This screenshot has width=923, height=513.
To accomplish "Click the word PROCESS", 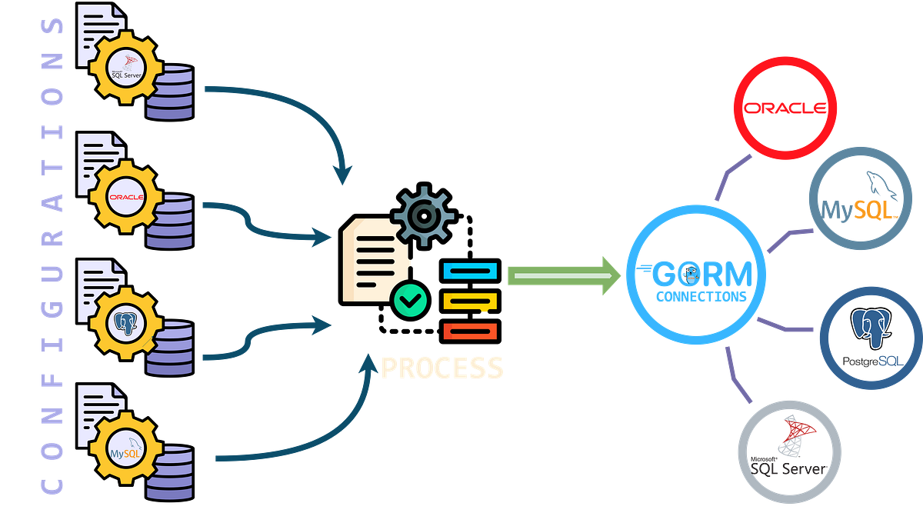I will [442, 368].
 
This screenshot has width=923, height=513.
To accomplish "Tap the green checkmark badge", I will [410, 299].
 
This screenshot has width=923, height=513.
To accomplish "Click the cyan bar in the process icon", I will [470, 271].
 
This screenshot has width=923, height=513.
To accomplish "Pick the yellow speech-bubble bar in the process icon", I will [470, 301].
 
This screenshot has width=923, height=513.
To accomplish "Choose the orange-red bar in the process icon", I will [470, 331].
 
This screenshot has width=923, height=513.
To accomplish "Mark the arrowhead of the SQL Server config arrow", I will [343, 174].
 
